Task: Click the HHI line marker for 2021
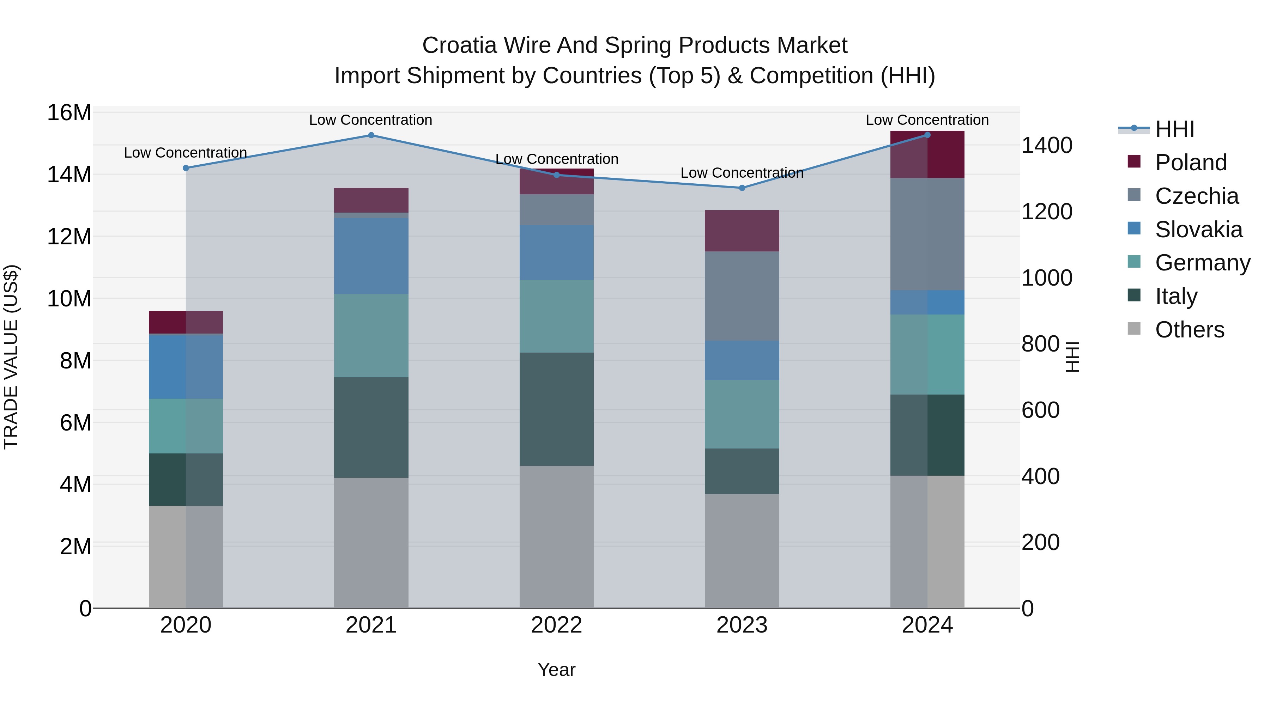pyautogui.click(x=371, y=135)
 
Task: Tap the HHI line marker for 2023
pyautogui.click(x=742, y=188)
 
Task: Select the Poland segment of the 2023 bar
pyautogui.click(x=742, y=231)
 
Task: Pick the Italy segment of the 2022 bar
pyautogui.click(x=557, y=409)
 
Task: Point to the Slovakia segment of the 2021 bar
pyautogui.click(x=371, y=256)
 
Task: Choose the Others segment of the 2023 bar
pyautogui.click(x=742, y=551)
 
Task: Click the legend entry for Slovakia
pyautogui.click(x=1198, y=230)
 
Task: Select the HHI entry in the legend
pyautogui.click(x=1175, y=129)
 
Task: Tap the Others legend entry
pyautogui.click(x=1189, y=330)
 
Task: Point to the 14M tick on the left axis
pyautogui.click(x=69, y=175)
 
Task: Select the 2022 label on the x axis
pyautogui.click(x=557, y=625)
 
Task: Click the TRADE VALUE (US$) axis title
pyautogui.click(x=11, y=357)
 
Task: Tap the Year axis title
pyautogui.click(x=557, y=670)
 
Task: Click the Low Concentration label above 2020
pyautogui.click(x=185, y=153)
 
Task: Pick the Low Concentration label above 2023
pyautogui.click(x=742, y=173)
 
